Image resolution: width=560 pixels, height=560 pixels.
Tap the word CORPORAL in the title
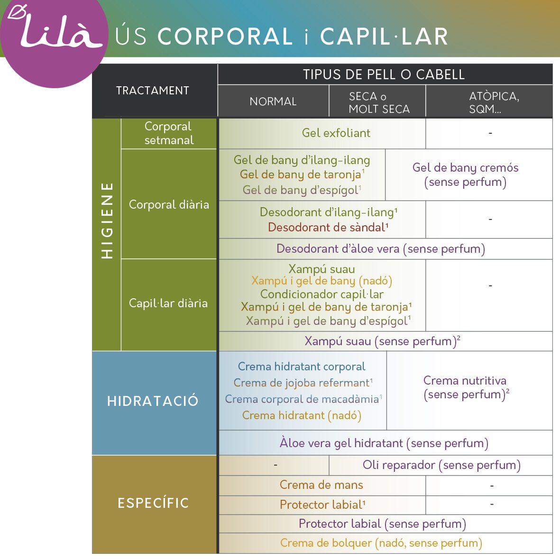tap(225, 37)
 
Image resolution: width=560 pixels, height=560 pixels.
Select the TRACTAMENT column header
tap(153, 91)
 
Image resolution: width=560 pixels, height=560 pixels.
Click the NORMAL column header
tap(273, 101)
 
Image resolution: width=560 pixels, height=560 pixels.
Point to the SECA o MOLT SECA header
tap(379, 102)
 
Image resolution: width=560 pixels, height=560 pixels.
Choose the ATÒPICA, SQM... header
tap(494, 102)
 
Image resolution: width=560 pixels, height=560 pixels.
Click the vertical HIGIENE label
tap(107, 220)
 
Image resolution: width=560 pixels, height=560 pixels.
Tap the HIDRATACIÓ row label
tap(153, 401)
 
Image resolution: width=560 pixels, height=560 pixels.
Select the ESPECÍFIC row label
tap(153, 503)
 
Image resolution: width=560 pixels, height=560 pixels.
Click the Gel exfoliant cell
tap(336, 133)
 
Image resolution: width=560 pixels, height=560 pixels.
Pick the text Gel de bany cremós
tap(465, 168)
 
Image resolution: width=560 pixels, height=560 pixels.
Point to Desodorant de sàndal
tap(328, 227)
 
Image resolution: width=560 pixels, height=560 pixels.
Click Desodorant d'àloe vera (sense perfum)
tap(381, 248)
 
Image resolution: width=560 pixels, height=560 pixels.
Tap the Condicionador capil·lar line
tap(322, 294)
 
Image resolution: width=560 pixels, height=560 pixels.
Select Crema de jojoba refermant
tap(303, 383)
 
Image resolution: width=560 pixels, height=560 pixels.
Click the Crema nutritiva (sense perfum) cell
tap(466, 387)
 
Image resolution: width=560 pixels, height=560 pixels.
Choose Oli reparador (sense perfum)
tap(441, 465)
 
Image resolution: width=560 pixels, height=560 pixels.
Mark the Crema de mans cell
tap(321, 485)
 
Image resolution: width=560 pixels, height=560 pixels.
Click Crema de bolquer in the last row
tap(326, 543)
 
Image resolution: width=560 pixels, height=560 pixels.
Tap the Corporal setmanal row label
tap(169, 133)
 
